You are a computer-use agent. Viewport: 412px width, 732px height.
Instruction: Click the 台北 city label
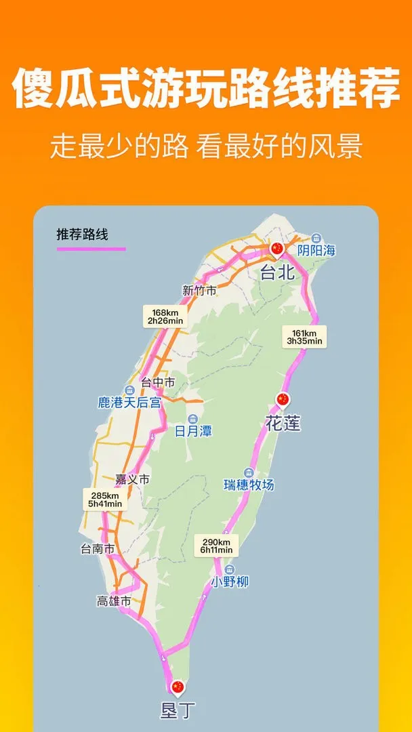tap(277, 272)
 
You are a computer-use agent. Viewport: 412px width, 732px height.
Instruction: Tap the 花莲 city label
tap(283, 424)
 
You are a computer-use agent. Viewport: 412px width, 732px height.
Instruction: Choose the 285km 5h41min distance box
tap(104, 499)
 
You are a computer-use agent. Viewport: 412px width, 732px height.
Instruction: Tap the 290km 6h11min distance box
tap(216, 546)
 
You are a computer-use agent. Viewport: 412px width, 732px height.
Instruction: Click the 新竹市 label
tap(199, 290)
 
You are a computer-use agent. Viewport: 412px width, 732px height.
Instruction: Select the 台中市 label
tap(157, 383)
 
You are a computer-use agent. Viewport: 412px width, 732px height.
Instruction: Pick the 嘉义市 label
tap(132, 479)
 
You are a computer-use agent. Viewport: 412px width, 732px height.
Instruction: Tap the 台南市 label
tap(98, 549)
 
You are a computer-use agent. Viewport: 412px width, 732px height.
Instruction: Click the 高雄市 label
tap(114, 601)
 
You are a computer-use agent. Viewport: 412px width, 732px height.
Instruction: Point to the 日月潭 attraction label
tap(193, 431)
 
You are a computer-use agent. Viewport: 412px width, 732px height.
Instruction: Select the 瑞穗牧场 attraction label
tap(249, 485)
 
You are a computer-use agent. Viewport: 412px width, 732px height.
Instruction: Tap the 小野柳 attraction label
tap(230, 582)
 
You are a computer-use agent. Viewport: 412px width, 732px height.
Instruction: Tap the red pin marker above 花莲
tap(283, 400)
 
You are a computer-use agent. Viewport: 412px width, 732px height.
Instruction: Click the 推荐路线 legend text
tap(82, 235)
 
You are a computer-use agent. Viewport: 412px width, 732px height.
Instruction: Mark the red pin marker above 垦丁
tap(178, 687)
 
